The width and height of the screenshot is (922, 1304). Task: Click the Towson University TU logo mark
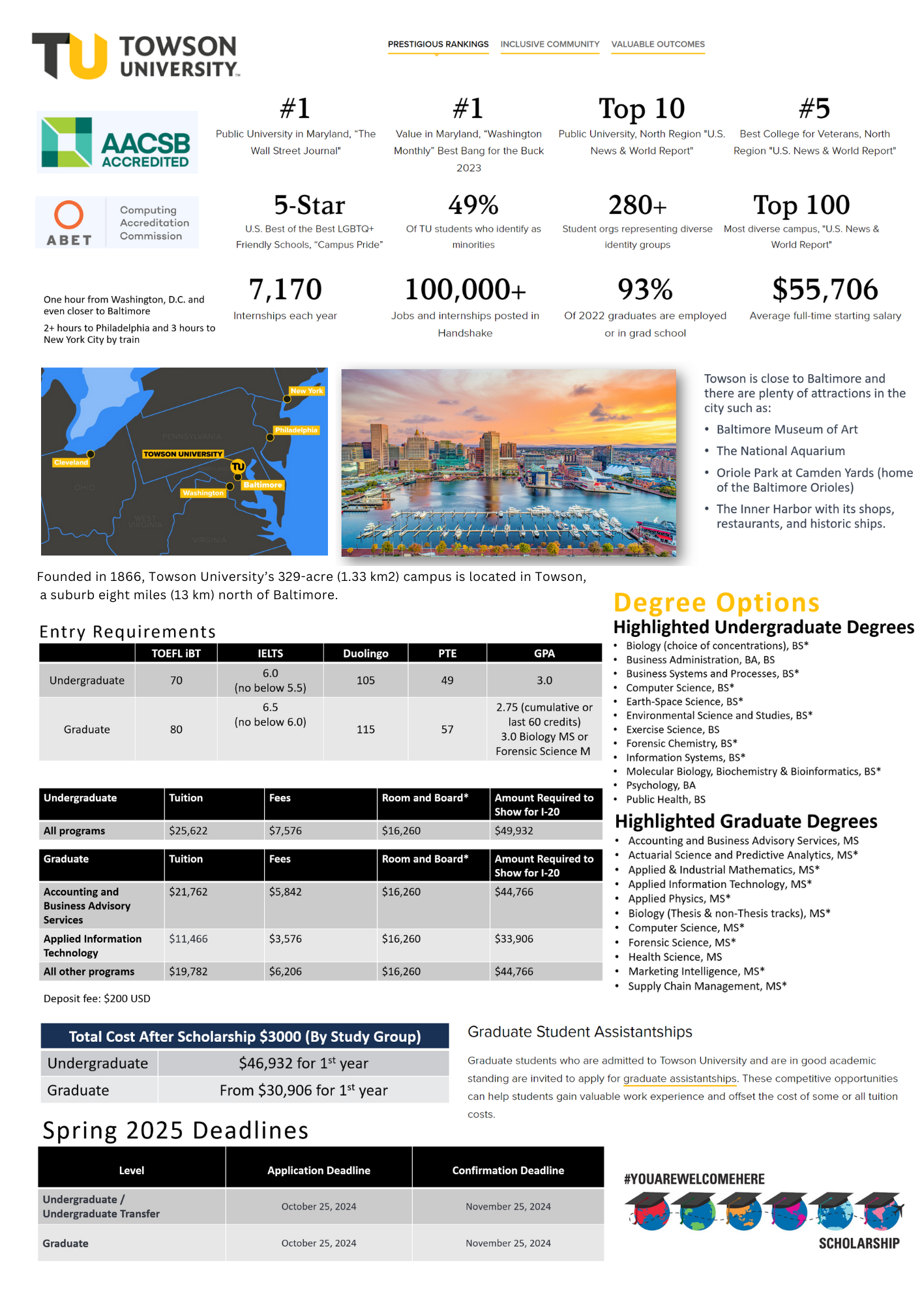70,56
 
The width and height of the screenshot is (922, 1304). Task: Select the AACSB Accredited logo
117,142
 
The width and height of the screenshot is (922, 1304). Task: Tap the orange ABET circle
68,215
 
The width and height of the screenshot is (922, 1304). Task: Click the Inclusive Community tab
550,44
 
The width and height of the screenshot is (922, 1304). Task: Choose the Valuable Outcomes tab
658,44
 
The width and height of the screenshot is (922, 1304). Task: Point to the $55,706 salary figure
825,289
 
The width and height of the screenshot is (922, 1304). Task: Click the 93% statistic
645,289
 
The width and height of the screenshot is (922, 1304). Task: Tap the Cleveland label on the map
71,462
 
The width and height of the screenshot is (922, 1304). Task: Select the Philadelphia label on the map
296,430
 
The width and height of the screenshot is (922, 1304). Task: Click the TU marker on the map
238,466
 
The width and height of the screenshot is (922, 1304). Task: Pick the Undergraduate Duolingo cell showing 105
365,681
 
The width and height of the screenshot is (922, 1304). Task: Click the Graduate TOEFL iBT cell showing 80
176,730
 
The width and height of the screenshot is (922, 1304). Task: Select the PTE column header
447,653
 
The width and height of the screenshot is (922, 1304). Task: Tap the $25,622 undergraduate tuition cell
188,831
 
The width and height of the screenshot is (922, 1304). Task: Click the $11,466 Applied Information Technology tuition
188,939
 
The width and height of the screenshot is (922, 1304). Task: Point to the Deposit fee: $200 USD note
97,998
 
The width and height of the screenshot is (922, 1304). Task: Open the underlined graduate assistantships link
679,1078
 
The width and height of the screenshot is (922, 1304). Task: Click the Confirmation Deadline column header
508,1170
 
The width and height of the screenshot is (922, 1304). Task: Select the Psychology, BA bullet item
661,785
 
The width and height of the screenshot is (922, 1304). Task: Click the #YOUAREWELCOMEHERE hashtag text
694,1179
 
